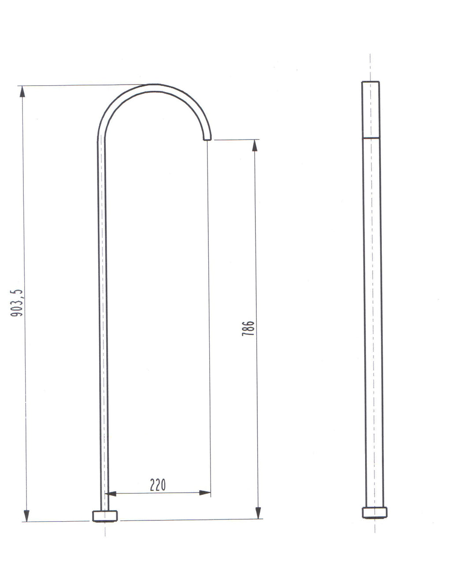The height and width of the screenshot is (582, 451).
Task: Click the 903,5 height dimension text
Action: [17, 303]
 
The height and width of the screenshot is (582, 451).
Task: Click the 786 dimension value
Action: [248, 328]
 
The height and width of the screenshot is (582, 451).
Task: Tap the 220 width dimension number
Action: [158, 485]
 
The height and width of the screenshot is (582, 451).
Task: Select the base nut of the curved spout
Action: [105, 516]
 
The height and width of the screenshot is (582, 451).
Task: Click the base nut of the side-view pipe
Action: [375, 512]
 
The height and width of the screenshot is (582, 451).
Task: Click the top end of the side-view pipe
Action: [370, 82]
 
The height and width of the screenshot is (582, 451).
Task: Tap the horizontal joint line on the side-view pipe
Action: [371, 138]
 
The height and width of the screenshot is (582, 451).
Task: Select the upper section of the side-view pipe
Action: [370, 110]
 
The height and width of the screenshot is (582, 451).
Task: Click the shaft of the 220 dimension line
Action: [158, 493]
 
